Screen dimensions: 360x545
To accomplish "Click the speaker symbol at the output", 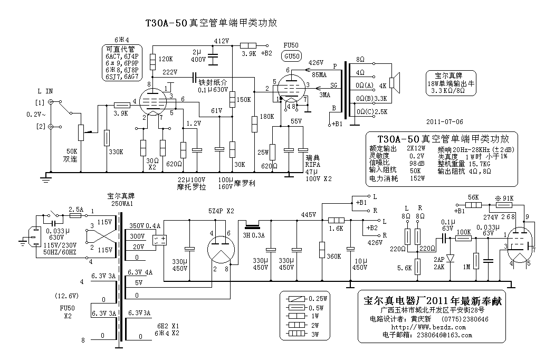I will pyautogui.click(x=396, y=85).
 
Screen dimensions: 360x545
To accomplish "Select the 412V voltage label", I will pyautogui.click(x=222, y=41).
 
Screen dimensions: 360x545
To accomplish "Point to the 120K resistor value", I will pyautogui.click(x=165, y=59).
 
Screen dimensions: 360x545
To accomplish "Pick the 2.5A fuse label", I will pyautogui.click(x=76, y=209).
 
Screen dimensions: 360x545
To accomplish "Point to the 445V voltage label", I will pyautogui.click(x=308, y=214).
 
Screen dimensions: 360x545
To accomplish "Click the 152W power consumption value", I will pyautogui.click(x=417, y=178).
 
